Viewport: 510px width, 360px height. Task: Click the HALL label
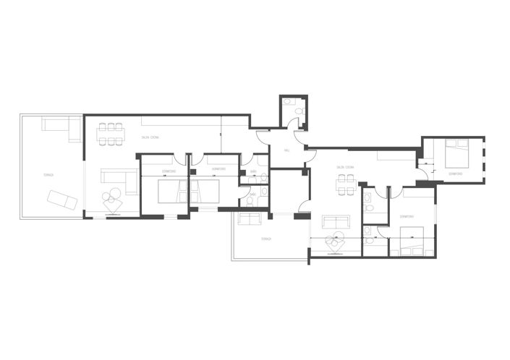tap(286, 150)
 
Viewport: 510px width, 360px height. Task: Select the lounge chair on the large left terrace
tap(62, 199)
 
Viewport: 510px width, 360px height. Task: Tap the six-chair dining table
tap(111, 133)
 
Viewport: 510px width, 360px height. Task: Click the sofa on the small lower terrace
tap(250, 219)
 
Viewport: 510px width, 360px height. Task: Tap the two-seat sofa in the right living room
tap(335, 222)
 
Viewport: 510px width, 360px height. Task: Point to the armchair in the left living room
tap(113, 203)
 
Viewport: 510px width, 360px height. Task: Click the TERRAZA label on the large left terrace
tap(48, 174)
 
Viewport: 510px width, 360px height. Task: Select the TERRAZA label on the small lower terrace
tap(265, 239)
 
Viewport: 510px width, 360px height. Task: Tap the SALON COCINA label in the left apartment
tap(150, 137)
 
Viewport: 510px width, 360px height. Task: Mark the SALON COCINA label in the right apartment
tap(344, 167)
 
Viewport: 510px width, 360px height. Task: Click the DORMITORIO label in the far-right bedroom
tap(456, 174)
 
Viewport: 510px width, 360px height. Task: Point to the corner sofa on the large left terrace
tap(61, 128)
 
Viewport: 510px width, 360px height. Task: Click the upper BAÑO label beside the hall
tap(253, 171)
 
